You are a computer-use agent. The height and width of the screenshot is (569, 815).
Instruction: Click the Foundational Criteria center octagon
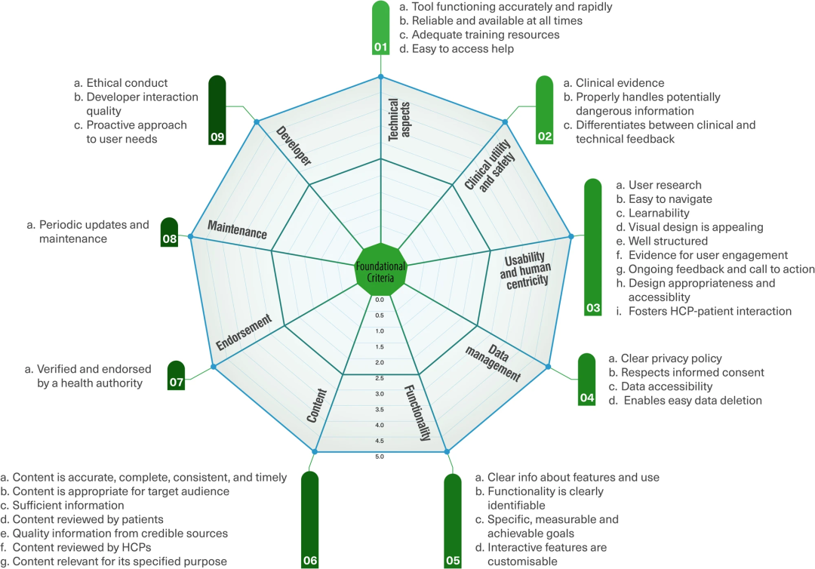380,266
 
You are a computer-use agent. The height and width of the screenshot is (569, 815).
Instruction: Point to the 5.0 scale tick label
380,457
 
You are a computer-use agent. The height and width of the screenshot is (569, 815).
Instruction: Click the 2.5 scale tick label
380,378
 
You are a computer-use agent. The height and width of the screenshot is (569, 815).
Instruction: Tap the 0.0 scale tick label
380,300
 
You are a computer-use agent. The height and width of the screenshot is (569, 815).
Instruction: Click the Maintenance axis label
237,229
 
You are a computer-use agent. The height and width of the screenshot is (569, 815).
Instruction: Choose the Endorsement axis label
243,332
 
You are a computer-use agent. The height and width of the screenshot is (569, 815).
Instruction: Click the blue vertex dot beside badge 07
214,367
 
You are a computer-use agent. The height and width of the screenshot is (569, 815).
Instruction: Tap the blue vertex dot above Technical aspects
380,77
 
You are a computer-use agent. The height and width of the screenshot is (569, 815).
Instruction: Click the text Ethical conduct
127,83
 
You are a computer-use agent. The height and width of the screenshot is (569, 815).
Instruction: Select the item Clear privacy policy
671,358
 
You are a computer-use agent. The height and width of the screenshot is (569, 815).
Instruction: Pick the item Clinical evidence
620,83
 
